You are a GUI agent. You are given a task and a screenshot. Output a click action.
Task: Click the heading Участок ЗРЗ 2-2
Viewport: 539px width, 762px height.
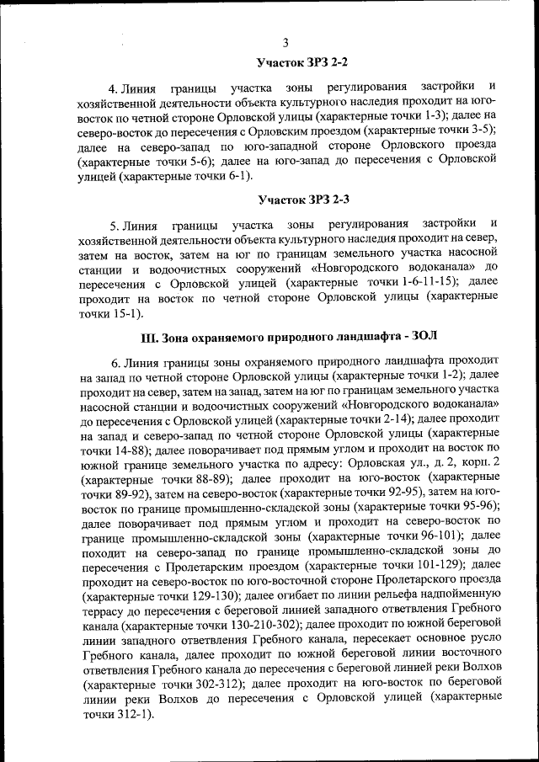302,63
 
